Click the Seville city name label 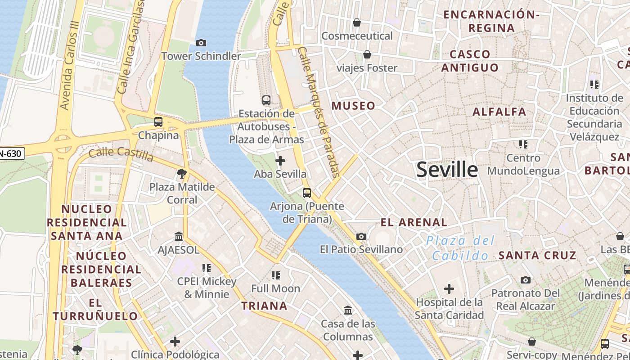pyautogui.click(x=447, y=170)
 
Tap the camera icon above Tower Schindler pyautogui.click(x=201, y=43)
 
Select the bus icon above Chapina pyautogui.click(x=158, y=121)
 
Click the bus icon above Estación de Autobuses pyautogui.click(x=266, y=100)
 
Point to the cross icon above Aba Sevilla pyautogui.click(x=280, y=160)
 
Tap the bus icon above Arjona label pyautogui.click(x=307, y=193)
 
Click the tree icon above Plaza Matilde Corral pyautogui.click(x=182, y=173)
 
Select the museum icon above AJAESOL pyautogui.click(x=179, y=236)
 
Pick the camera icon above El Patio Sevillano pyautogui.click(x=361, y=236)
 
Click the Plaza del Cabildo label pyautogui.click(x=460, y=248)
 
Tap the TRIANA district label pyautogui.click(x=264, y=306)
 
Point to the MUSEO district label pyautogui.click(x=353, y=106)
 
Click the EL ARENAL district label pyautogui.click(x=414, y=222)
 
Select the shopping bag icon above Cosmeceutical pyautogui.click(x=357, y=22)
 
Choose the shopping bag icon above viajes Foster pyautogui.click(x=367, y=54)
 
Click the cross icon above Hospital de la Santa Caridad pyautogui.click(x=449, y=289)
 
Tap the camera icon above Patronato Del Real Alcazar pyautogui.click(x=525, y=280)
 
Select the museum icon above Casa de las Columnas pyautogui.click(x=348, y=310)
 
